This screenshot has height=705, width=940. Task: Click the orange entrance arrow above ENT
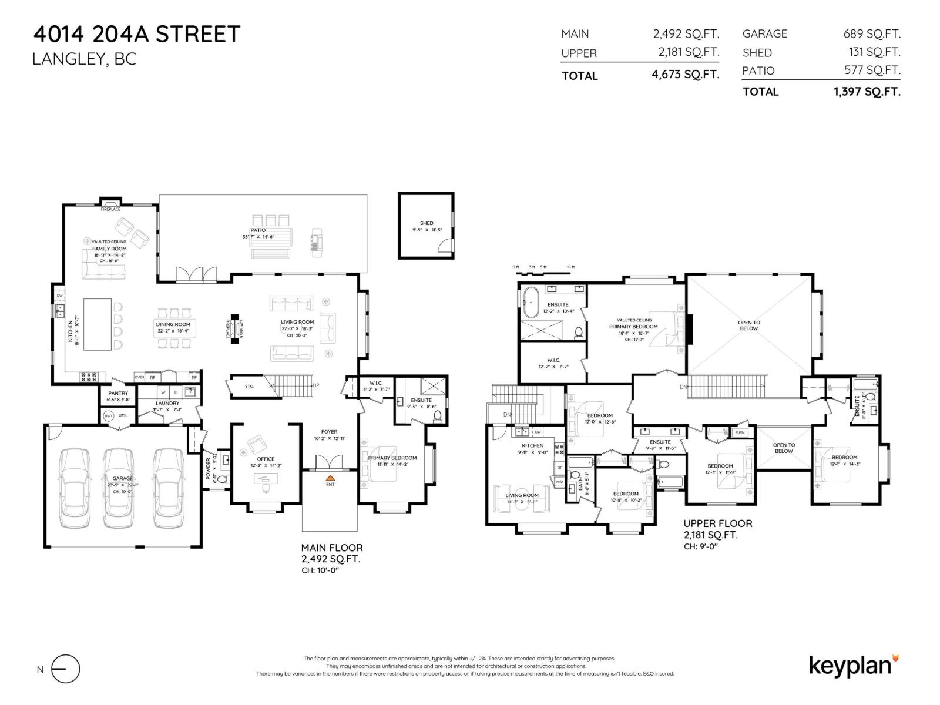coord(330,478)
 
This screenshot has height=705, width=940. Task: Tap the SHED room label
coord(427,223)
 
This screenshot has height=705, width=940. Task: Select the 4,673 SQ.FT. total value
coord(686,75)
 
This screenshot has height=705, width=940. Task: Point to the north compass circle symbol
coord(65,669)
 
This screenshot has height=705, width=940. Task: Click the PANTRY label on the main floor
coord(118,394)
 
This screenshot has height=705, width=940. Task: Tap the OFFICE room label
coord(266,459)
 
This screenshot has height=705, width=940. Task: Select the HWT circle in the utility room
coord(108,415)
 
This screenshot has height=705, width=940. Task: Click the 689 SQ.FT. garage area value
coord(872,34)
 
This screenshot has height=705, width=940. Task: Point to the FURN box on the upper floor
coord(740,432)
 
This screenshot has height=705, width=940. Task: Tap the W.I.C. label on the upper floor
coord(553,360)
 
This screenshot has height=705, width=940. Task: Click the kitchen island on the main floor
coord(98,324)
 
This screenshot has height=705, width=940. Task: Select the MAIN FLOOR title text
coord(332,548)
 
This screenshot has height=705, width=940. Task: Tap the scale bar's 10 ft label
coord(570,267)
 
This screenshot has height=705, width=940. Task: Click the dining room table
coord(173,327)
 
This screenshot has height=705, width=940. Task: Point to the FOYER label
coord(329,432)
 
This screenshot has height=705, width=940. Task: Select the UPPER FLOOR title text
coord(717,523)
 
